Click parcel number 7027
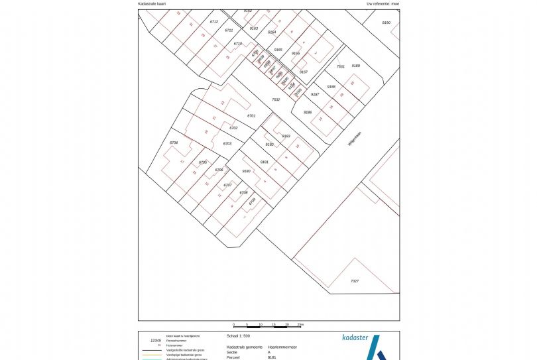tap(354, 281)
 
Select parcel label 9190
tap(387, 23)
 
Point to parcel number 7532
tap(276, 99)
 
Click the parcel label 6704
tap(174, 143)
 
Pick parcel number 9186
tap(308, 113)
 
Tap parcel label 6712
tap(214, 22)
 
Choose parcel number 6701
tap(251, 116)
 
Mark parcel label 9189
tap(356, 66)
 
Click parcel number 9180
tap(246, 171)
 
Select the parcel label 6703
tap(227, 143)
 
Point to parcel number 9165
tap(278, 50)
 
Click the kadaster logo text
tap(355, 337)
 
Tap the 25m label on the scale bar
tap(301, 325)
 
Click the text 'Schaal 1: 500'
tap(238, 336)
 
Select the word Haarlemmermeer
tap(281, 347)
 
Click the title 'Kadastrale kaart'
tap(152, 3)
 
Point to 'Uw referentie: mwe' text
tap(383, 3)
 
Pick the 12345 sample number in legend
tap(156, 340)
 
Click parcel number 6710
tap(238, 44)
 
